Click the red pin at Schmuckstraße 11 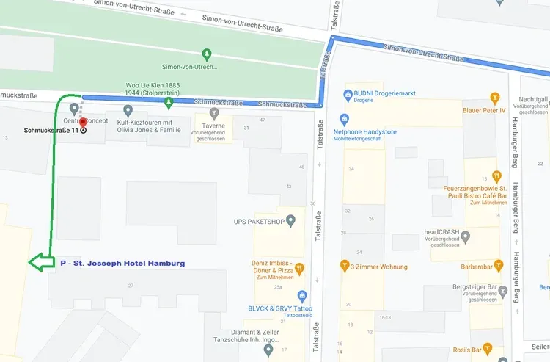click(x=83, y=123)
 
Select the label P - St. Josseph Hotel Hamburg click(x=122, y=263)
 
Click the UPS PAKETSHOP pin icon click(x=290, y=220)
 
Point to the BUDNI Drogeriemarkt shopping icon click(x=348, y=95)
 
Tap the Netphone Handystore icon click(x=345, y=119)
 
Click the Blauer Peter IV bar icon click(x=495, y=98)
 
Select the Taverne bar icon click(x=214, y=113)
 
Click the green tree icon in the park click(x=208, y=54)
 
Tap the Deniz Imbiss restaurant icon click(x=299, y=269)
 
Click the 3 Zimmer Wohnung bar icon click(x=344, y=266)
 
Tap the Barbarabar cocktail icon click(x=498, y=265)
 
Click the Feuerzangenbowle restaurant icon click(x=497, y=175)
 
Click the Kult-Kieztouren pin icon click(x=128, y=111)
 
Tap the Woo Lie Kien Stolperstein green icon click(x=169, y=114)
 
